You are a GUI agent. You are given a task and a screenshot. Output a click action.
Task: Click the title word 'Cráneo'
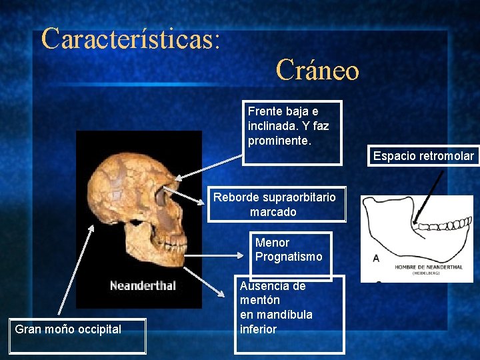pyautogui.click(x=317, y=69)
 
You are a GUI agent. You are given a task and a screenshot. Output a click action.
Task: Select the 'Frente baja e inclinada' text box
pyautogui.click(x=291, y=132)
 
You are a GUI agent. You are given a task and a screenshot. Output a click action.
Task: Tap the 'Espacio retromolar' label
pyautogui.click(x=423, y=156)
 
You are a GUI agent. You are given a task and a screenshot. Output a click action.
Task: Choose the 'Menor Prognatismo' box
pyautogui.click(x=292, y=250)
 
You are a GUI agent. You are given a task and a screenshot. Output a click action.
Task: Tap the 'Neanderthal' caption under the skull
pyautogui.click(x=143, y=285)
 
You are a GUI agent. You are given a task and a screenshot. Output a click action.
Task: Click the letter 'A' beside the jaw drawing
pyautogui.click(x=377, y=258)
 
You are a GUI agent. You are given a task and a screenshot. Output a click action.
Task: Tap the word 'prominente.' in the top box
pyautogui.click(x=279, y=141)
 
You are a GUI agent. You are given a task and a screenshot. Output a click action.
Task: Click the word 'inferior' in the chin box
pyautogui.click(x=258, y=329)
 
